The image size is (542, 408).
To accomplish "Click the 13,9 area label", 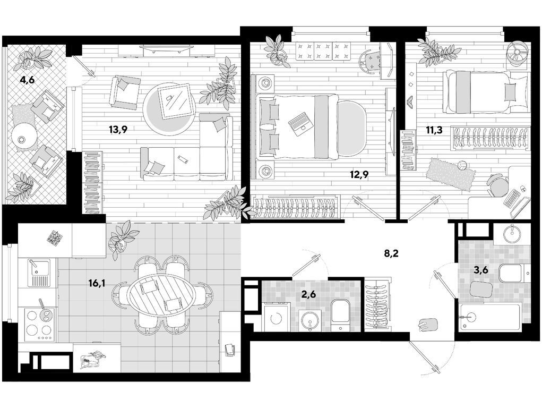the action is click(x=118, y=130).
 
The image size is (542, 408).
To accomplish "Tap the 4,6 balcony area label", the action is click(x=27, y=81).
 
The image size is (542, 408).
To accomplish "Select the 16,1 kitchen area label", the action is click(x=97, y=284).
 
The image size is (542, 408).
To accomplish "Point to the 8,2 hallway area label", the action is click(x=391, y=253).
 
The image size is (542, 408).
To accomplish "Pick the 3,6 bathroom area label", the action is click(x=480, y=270).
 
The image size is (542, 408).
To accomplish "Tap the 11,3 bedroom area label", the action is click(x=434, y=130).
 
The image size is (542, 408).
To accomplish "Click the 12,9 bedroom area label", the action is click(x=359, y=175).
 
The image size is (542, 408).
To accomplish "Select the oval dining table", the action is click(x=161, y=294).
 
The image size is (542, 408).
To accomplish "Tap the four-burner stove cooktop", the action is click(x=39, y=325).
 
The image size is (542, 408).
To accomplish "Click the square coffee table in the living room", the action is click(x=175, y=101).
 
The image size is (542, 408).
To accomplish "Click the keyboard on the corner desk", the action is click(x=512, y=198).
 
